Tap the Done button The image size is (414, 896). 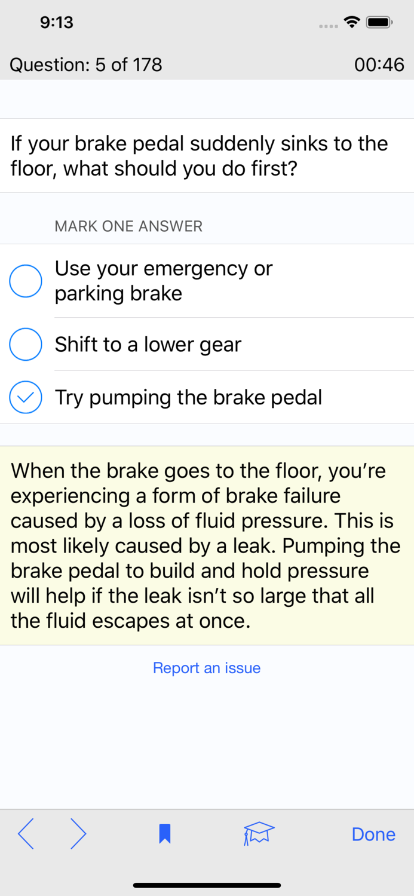373,834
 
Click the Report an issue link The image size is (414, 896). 207,668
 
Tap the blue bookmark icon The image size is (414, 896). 165,834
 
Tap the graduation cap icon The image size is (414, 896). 259,834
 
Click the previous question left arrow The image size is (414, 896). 26,834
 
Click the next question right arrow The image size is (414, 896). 78,834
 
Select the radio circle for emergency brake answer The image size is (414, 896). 26,281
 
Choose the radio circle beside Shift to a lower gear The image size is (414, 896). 26,344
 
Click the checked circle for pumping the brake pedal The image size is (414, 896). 26,397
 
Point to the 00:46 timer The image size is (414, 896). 379,65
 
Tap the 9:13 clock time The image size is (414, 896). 57,23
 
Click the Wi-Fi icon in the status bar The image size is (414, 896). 352,23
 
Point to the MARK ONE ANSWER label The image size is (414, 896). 128,226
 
